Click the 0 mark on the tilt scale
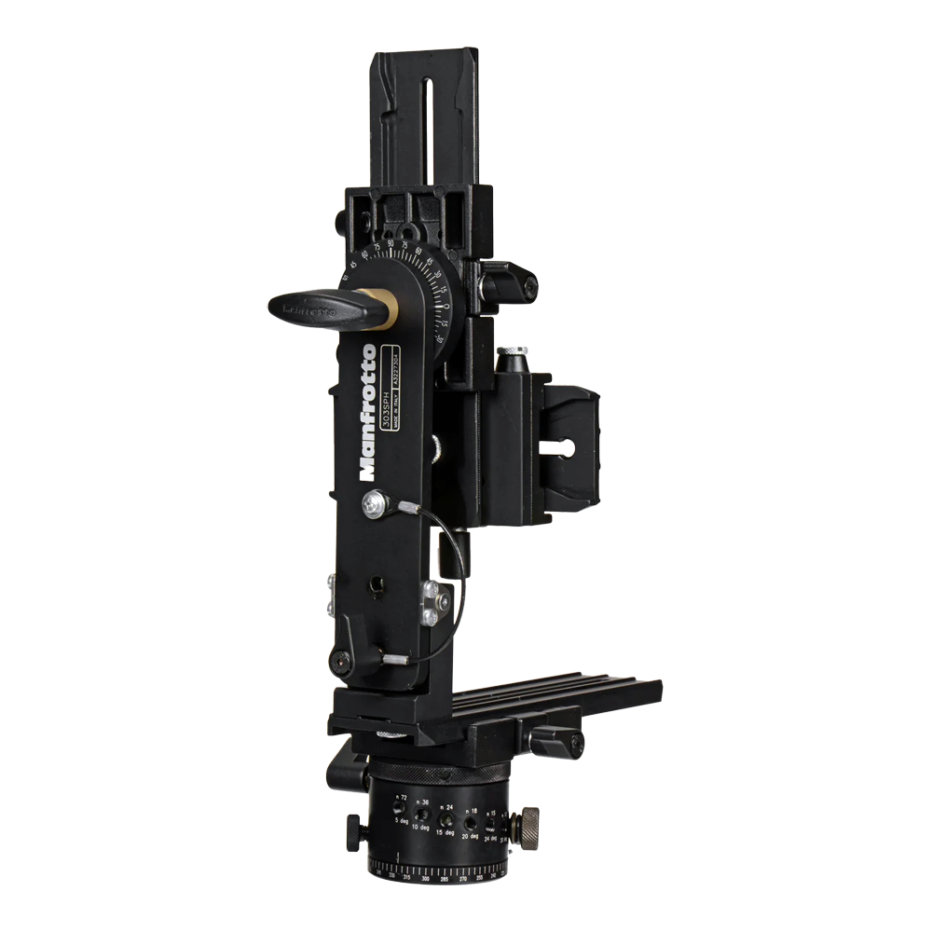pyautogui.click(x=447, y=306)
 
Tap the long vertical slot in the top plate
pyautogui.click(x=425, y=120)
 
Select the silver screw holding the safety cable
pyautogui.click(x=376, y=504)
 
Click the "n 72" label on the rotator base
pyautogui.click(x=402, y=799)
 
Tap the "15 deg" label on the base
pyautogui.click(x=446, y=831)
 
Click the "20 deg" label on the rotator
pyautogui.click(x=471, y=835)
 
